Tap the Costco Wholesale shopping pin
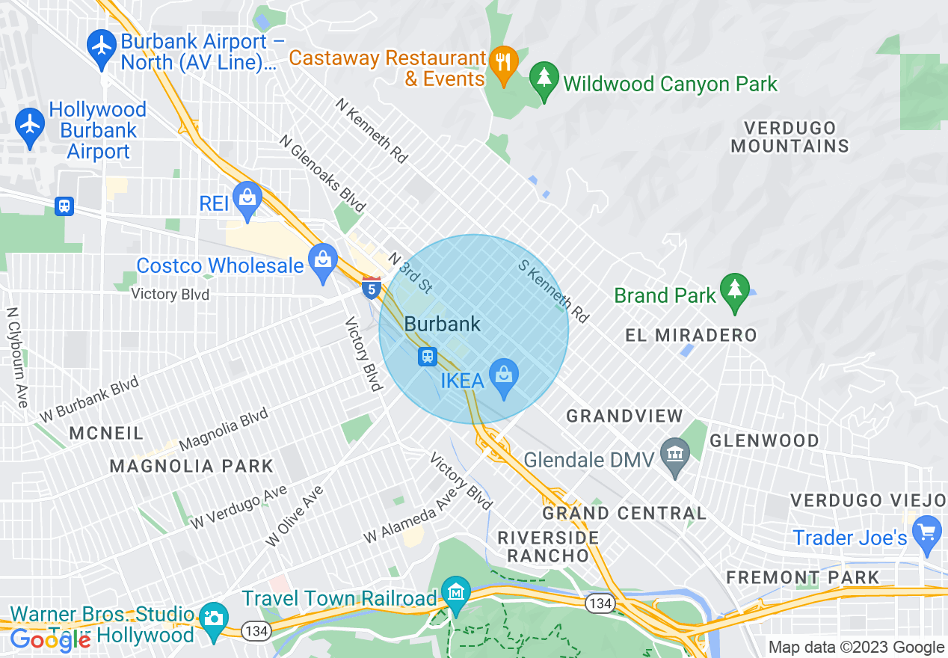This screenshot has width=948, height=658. (x=323, y=261)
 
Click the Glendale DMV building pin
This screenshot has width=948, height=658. (x=676, y=455)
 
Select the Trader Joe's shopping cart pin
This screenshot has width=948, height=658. (x=927, y=532)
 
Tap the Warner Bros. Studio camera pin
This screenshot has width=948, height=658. (x=213, y=618)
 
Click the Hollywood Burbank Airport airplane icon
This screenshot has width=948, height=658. (x=30, y=124)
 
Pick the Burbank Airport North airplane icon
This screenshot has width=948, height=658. (x=101, y=46)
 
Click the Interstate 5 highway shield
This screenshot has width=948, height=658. (x=370, y=287)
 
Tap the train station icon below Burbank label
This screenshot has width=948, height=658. (x=427, y=357)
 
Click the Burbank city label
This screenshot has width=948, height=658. (x=443, y=324)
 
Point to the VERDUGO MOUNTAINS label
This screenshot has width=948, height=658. (x=790, y=137)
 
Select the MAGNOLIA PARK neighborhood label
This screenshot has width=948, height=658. (x=191, y=466)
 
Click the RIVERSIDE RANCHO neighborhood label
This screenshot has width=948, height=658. (x=548, y=547)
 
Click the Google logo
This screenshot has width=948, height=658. (x=50, y=639)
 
